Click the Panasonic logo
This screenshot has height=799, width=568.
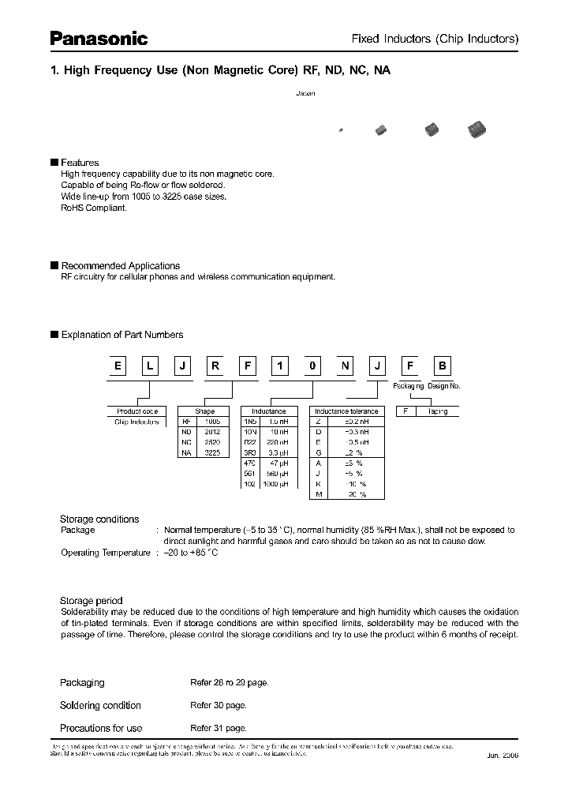tap(99, 38)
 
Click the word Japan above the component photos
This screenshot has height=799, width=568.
tap(305, 93)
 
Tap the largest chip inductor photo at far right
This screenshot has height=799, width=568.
tap(476, 129)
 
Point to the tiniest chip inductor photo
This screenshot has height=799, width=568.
tap(341, 129)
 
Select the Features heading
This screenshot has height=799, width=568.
tap(80, 163)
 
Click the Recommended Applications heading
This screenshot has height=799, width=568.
tap(120, 266)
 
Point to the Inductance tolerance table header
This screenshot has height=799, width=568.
tap(346, 411)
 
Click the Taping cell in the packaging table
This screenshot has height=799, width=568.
tap(437, 411)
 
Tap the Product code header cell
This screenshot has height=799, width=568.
tap(137, 411)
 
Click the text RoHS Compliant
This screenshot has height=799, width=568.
tap(93, 207)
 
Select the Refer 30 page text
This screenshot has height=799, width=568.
tap(218, 705)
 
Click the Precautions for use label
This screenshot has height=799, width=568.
tap(101, 728)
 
